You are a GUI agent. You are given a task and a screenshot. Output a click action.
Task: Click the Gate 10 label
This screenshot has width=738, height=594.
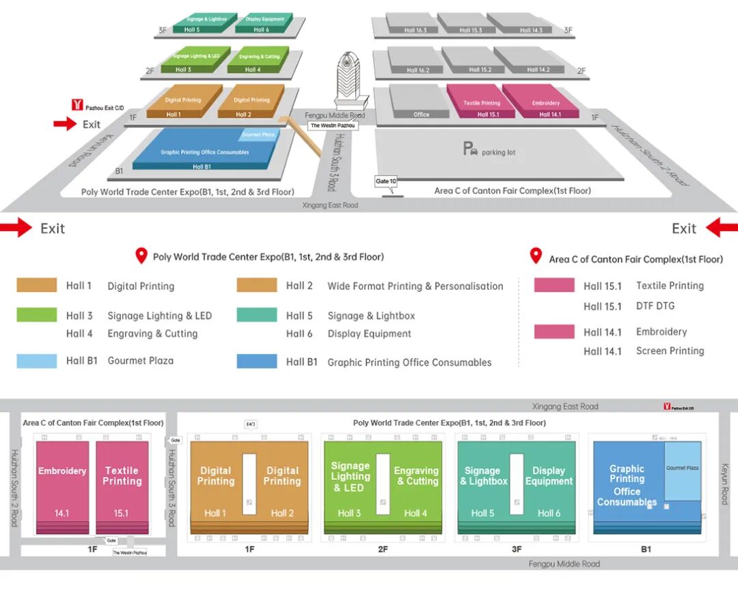[385, 181]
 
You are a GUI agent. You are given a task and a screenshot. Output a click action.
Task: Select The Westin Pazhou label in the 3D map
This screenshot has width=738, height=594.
[333, 126]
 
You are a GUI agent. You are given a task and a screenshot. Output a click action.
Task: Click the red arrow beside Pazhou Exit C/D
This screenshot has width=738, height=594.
[66, 124]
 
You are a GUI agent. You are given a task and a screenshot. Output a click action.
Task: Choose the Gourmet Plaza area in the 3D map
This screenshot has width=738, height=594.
[258, 135]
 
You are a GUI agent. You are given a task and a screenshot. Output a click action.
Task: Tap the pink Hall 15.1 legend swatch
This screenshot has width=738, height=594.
[554, 285]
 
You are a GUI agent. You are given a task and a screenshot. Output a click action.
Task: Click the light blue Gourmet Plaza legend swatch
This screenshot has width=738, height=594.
[36, 360]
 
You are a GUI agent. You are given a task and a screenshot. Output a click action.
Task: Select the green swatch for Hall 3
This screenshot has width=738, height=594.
[36, 315]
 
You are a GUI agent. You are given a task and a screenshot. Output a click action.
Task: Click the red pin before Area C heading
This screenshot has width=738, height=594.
[536, 257]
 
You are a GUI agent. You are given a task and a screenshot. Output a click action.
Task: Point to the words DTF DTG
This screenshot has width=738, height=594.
[655, 306]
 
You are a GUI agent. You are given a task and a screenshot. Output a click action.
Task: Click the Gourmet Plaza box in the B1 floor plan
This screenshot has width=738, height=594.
[683, 470]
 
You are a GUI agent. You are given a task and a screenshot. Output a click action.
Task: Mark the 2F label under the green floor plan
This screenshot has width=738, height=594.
[383, 549]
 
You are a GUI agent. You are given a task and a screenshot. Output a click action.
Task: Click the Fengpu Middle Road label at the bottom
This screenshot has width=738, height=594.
[564, 564]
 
